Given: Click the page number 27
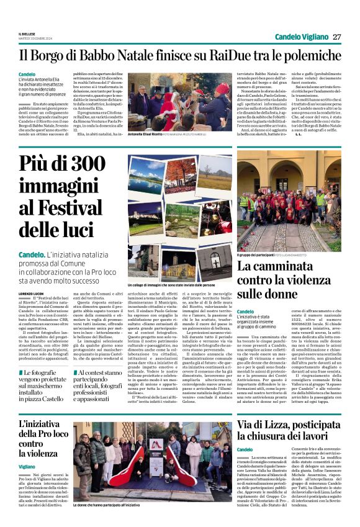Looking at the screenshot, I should click(336, 37).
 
